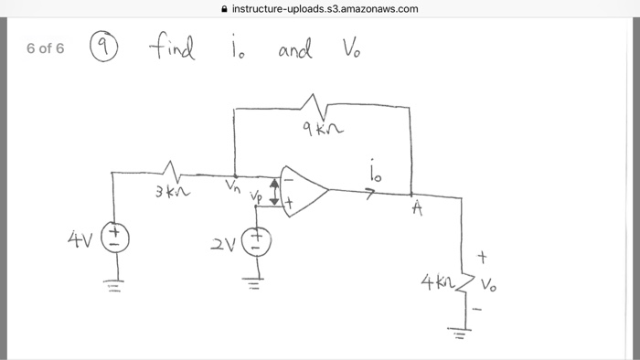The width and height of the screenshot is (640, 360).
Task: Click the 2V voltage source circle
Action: point(256,241)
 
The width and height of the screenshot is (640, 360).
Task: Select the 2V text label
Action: point(223,244)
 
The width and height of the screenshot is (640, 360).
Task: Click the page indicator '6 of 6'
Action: point(46,48)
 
